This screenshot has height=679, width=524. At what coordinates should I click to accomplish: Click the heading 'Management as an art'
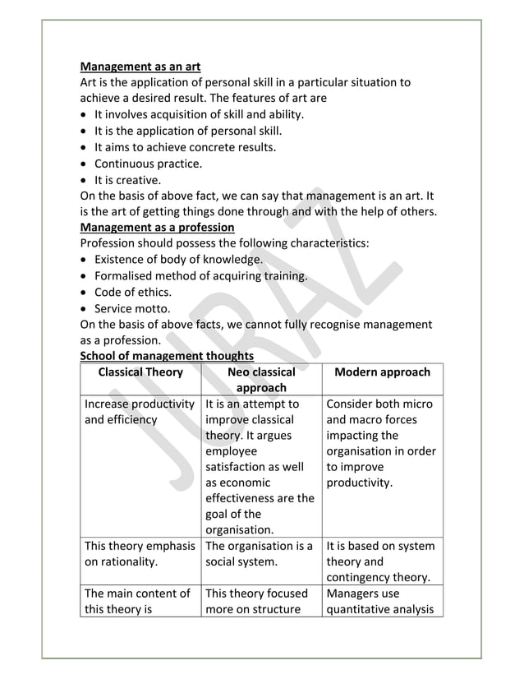[x=140, y=67]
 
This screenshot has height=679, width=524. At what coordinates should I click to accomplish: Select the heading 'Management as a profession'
[x=157, y=228]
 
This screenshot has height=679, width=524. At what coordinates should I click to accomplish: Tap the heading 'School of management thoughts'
[x=167, y=356]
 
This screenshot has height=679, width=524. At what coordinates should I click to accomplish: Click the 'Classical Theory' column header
[x=140, y=372]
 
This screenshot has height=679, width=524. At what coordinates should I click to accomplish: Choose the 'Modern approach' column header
[x=382, y=372]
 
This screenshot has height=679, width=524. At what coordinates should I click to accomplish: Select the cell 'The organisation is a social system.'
[x=260, y=554]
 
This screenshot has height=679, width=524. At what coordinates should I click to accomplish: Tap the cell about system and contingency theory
[x=381, y=561]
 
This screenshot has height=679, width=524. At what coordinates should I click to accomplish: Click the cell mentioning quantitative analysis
[x=381, y=601]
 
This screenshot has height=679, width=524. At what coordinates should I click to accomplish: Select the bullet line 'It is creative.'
[x=127, y=180]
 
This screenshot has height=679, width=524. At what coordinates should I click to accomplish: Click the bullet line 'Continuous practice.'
[x=148, y=164]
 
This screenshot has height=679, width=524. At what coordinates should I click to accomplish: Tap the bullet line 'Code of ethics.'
[x=133, y=292]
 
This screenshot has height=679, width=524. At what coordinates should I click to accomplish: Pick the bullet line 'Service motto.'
[x=132, y=308]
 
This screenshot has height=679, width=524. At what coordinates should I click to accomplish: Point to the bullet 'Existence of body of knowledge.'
[x=178, y=260]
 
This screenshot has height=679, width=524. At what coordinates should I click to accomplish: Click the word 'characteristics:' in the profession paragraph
[x=327, y=243]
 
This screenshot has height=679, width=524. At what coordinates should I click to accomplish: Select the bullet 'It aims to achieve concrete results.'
[x=185, y=147]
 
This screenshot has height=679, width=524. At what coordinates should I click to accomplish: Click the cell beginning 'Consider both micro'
[x=381, y=443]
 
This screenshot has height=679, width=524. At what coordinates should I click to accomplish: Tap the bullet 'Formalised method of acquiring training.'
[x=200, y=276]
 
